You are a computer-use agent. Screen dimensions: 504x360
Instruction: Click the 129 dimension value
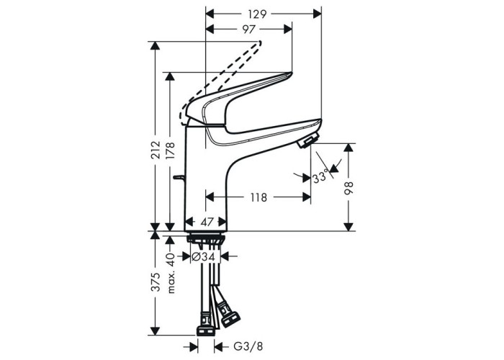click(x=257, y=14)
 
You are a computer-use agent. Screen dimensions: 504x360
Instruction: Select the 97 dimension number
click(x=248, y=30)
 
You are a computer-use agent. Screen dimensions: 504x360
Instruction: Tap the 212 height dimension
click(x=156, y=150)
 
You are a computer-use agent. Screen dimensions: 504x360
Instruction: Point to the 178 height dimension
click(x=170, y=150)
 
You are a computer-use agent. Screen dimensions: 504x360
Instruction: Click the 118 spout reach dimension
click(x=258, y=197)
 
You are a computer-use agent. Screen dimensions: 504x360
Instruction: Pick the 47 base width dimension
click(x=207, y=222)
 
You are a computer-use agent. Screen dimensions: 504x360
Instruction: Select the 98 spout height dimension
click(x=348, y=188)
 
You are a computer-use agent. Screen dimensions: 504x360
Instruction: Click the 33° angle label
click(x=320, y=177)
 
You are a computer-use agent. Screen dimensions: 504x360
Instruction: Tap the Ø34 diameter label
click(x=203, y=256)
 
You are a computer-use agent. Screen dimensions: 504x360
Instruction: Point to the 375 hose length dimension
click(x=156, y=282)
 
